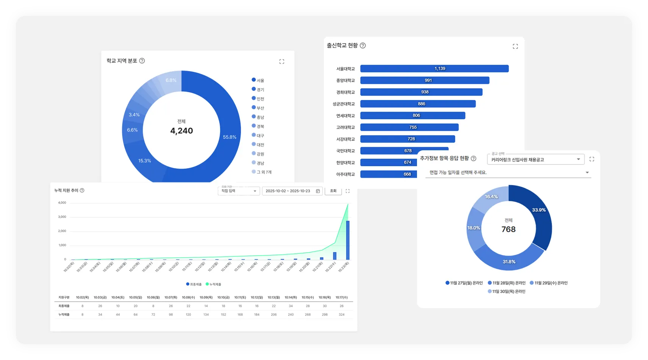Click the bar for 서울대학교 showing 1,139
pyautogui.click(x=434, y=69)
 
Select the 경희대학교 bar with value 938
pyautogui.click(x=421, y=92)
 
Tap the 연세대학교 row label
pyautogui.click(x=345, y=116)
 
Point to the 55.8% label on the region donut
pyautogui.click(x=230, y=137)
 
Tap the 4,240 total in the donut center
pyautogui.click(x=181, y=131)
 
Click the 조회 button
pyautogui.click(x=333, y=191)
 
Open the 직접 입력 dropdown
pyautogui.click(x=239, y=191)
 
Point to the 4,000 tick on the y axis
pyautogui.click(x=62, y=203)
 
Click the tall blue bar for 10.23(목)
pyautogui.click(x=348, y=240)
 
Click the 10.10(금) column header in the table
pyautogui.click(x=223, y=298)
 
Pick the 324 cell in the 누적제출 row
pyautogui.click(x=342, y=315)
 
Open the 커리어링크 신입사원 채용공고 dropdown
pyautogui.click(x=536, y=159)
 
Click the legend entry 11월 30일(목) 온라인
pyautogui.click(x=506, y=291)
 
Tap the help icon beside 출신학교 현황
pyautogui.click(x=363, y=45)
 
